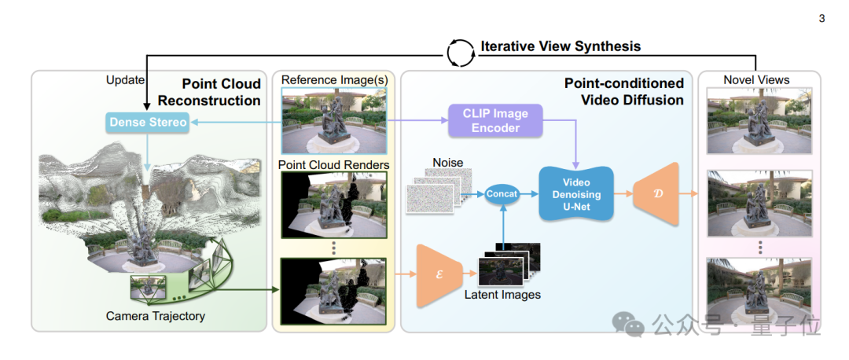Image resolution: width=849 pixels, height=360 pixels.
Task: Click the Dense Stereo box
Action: [x=148, y=122]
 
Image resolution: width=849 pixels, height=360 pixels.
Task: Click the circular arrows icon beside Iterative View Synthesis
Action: [x=460, y=52]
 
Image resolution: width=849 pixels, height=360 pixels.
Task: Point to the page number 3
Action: [x=821, y=18]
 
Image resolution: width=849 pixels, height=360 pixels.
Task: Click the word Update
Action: [x=125, y=80]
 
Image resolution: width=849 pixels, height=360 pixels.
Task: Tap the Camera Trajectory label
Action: [x=156, y=316]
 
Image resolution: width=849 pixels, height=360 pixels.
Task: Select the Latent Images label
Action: [x=502, y=295]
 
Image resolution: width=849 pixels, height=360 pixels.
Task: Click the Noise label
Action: [x=448, y=162]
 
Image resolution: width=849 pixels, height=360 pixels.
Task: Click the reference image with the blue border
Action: [x=334, y=120]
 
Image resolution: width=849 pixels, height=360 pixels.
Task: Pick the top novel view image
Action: [x=758, y=119]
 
